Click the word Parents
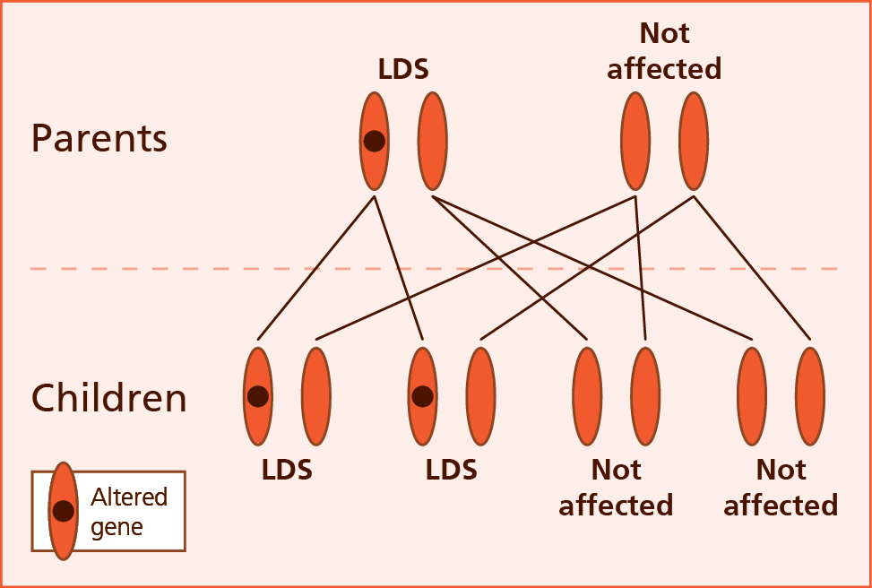(99, 139)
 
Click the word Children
(109, 398)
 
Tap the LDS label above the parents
(403, 69)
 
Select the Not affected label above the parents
(664, 51)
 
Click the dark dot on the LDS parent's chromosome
(375, 141)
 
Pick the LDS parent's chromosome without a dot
(433, 141)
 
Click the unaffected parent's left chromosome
(635, 141)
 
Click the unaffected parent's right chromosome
(694, 141)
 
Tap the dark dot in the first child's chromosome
(258, 396)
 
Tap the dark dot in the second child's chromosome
(422, 396)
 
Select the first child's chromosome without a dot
(315, 396)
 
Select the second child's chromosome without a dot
(480, 396)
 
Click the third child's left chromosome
(587, 396)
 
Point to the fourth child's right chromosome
(810, 396)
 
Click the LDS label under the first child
(287, 470)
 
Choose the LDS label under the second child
(452, 470)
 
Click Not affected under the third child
(616, 488)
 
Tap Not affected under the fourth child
(781, 488)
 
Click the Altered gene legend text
(129, 511)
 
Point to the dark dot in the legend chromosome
(63, 511)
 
